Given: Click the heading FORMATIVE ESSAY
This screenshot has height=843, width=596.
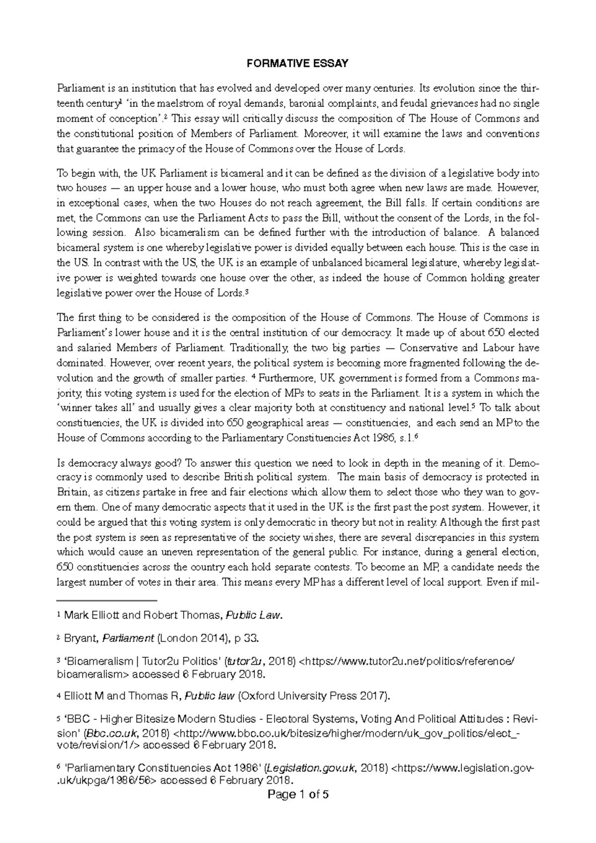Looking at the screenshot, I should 298,64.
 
